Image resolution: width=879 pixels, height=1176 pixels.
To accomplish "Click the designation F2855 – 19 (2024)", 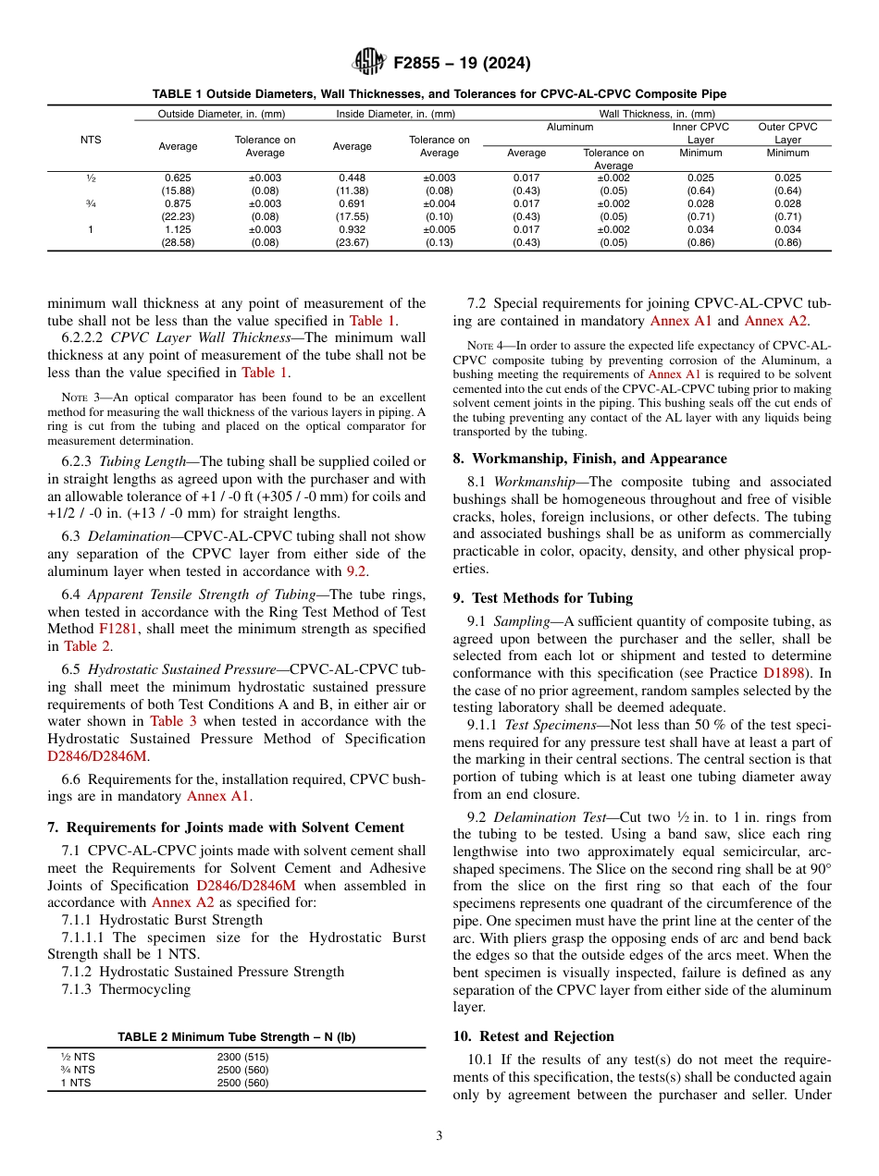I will pyautogui.click(x=462, y=64).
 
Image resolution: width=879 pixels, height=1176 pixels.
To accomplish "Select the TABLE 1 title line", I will pyautogui.click(x=439, y=94).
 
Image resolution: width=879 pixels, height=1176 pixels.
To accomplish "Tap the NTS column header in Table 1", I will pyautogui.click(x=91, y=140).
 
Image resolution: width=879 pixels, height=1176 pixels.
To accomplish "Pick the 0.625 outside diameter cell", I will pyautogui.click(x=178, y=178).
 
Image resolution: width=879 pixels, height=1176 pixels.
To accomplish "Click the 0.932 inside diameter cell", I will pyautogui.click(x=352, y=229).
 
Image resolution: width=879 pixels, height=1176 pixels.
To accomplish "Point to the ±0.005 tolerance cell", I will pyautogui.click(x=439, y=229).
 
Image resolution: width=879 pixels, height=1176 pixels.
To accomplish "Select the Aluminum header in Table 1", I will pyautogui.click(x=570, y=127).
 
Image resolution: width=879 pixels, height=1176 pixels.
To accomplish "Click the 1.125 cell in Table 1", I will pyautogui.click(x=178, y=229).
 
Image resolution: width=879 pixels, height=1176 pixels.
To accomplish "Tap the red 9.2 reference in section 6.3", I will pyautogui.click(x=355, y=570).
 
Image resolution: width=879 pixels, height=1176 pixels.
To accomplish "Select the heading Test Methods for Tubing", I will pyautogui.click(x=552, y=597).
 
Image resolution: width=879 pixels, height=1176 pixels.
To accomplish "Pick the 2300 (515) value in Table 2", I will pyautogui.click(x=242, y=1057).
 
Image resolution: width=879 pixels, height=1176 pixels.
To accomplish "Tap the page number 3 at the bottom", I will pyautogui.click(x=439, y=1136).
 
